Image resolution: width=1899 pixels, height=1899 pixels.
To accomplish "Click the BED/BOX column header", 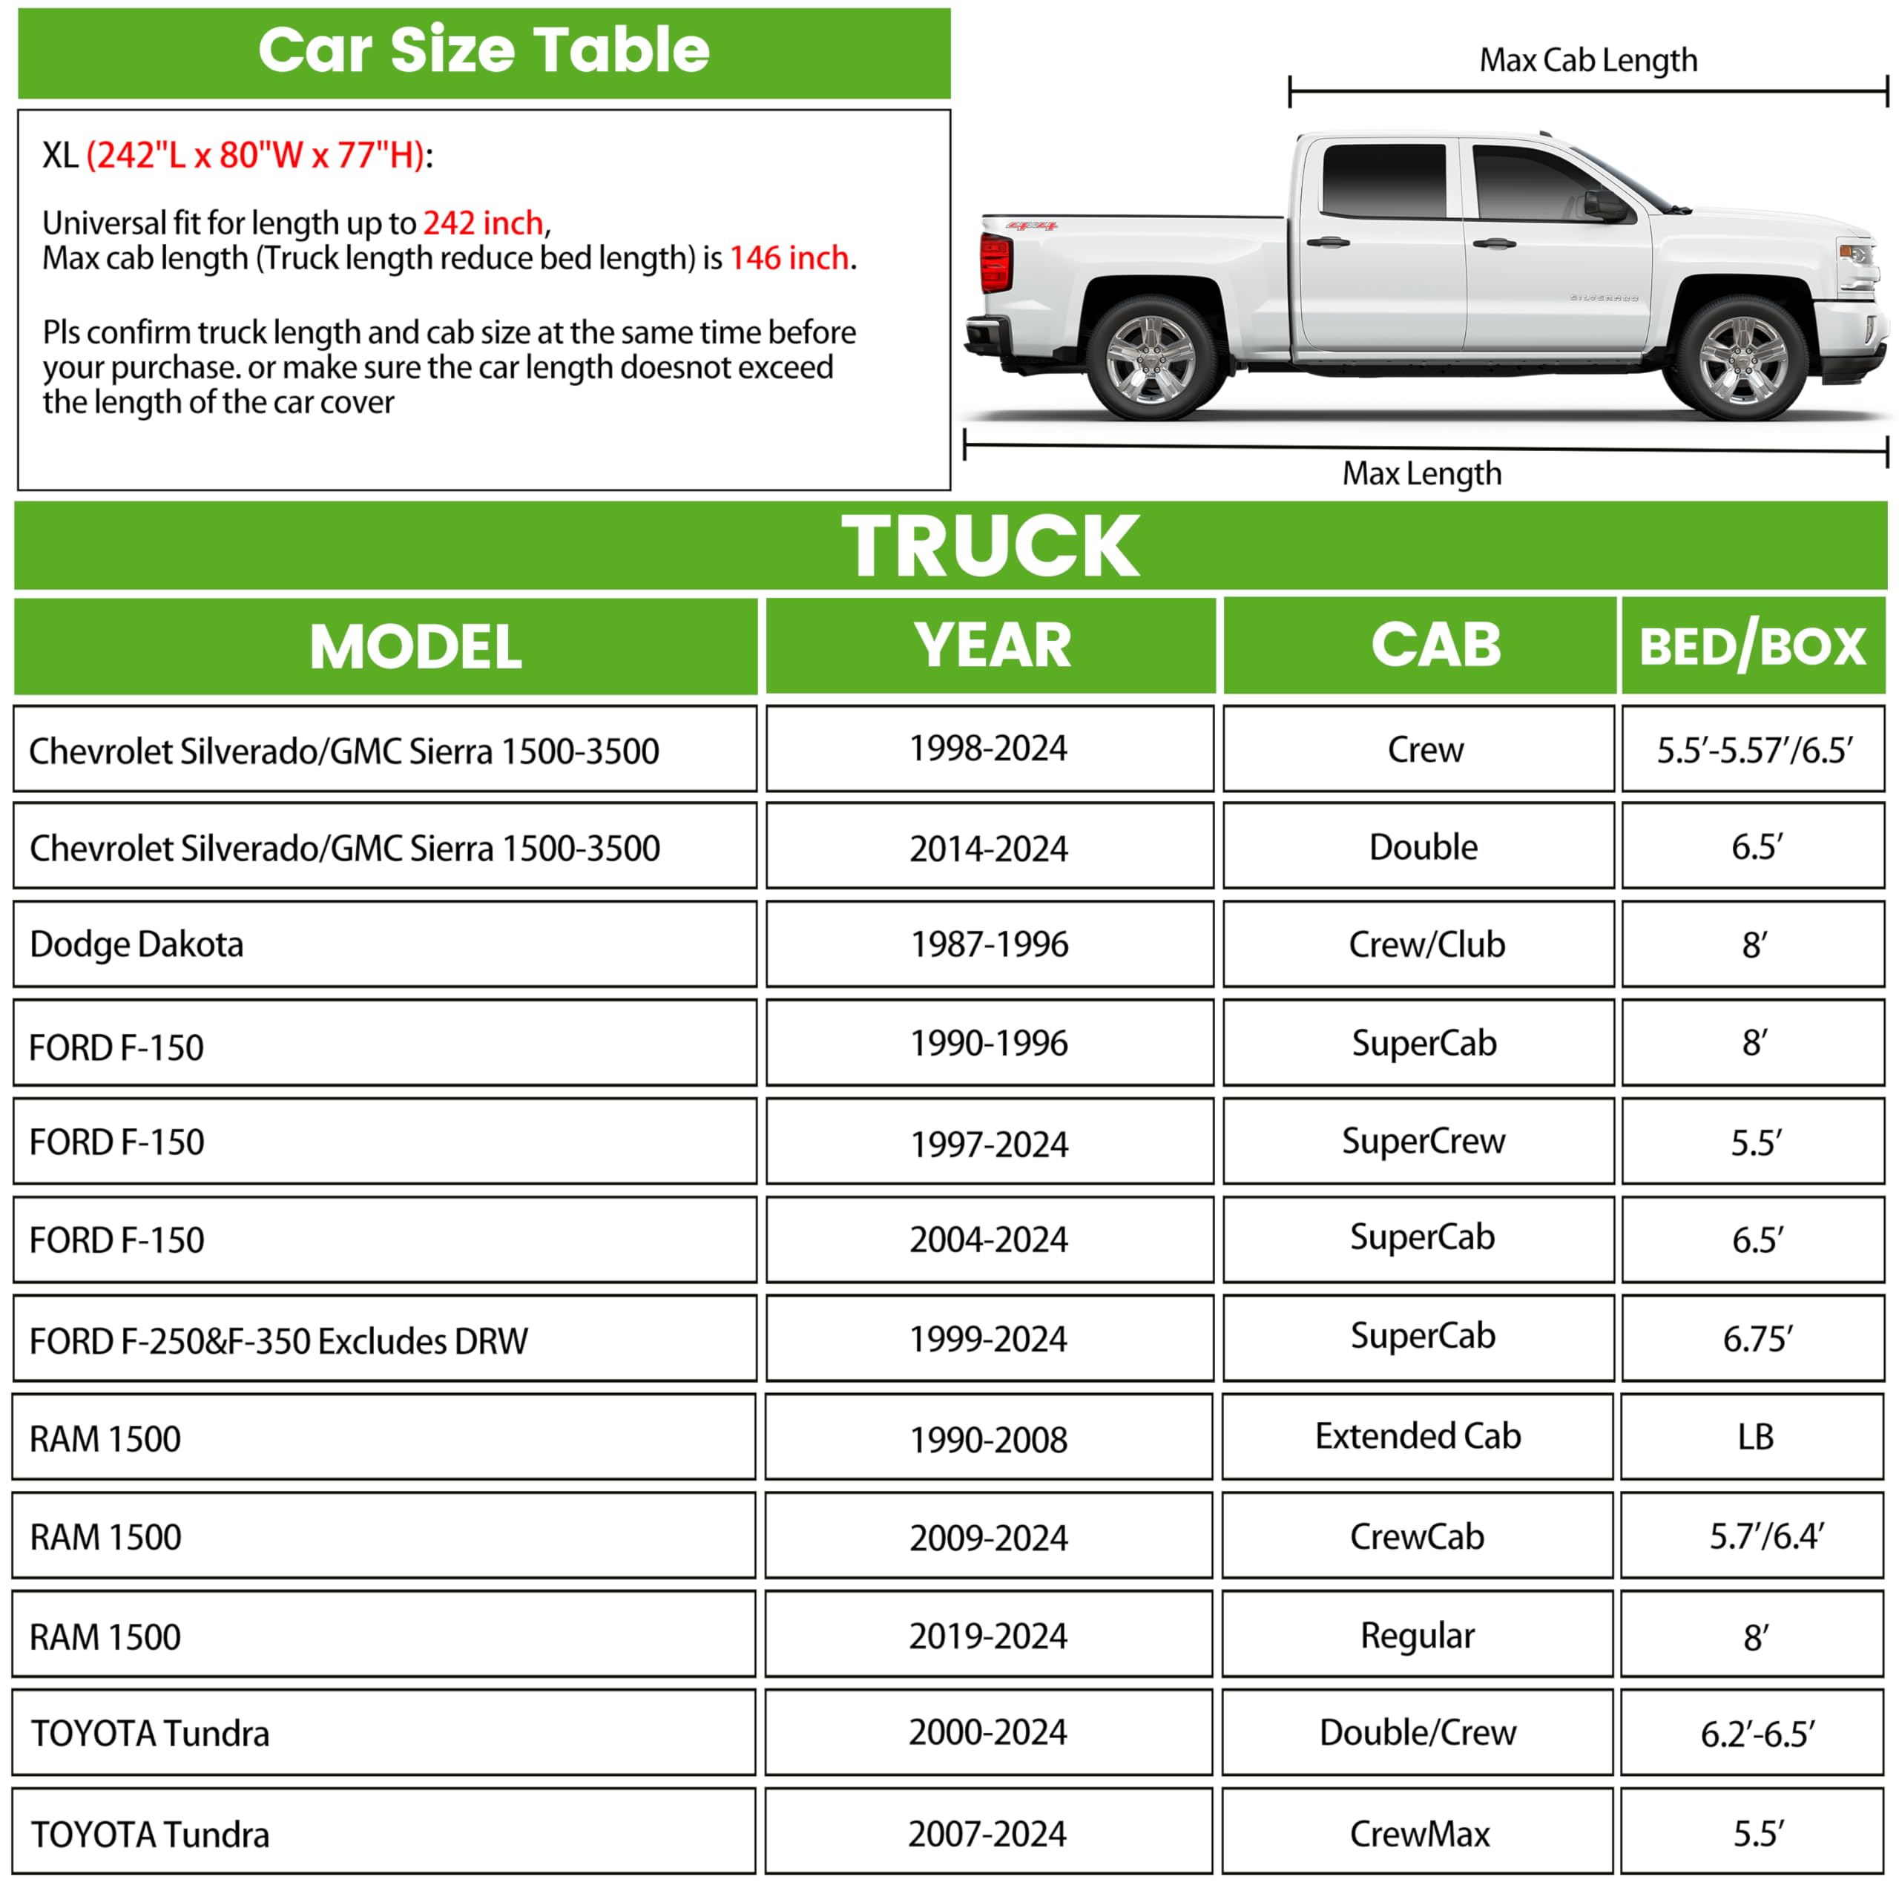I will [x=1753, y=646].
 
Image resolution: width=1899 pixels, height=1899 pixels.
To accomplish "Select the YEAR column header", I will [x=991, y=646].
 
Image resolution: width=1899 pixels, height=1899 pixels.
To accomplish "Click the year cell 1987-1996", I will [x=989, y=944].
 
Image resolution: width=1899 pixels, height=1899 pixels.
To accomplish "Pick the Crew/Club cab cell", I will [x=1426, y=944].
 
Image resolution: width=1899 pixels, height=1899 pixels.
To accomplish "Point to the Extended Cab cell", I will [x=1418, y=1437].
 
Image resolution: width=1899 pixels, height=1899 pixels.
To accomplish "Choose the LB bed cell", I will [x=1756, y=1437].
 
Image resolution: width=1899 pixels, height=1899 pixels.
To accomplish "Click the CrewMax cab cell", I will [x=1419, y=1834].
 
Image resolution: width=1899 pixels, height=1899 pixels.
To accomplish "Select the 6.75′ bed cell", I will [x=1757, y=1339].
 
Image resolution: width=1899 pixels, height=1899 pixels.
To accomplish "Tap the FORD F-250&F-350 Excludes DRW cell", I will [x=278, y=1340].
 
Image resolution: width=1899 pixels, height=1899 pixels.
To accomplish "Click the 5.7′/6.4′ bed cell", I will [x=1766, y=1536].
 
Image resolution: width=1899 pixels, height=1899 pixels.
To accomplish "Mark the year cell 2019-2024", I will [x=988, y=1636].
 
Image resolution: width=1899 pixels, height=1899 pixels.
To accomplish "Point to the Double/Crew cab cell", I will [x=1418, y=1733].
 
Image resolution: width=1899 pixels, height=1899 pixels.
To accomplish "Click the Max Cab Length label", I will [x=1588, y=61].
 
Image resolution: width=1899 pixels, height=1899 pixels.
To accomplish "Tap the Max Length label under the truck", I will [x=1421, y=474].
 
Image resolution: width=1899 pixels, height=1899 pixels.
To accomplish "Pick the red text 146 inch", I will [x=789, y=258].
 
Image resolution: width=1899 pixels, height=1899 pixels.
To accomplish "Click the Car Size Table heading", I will [x=484, y=51].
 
